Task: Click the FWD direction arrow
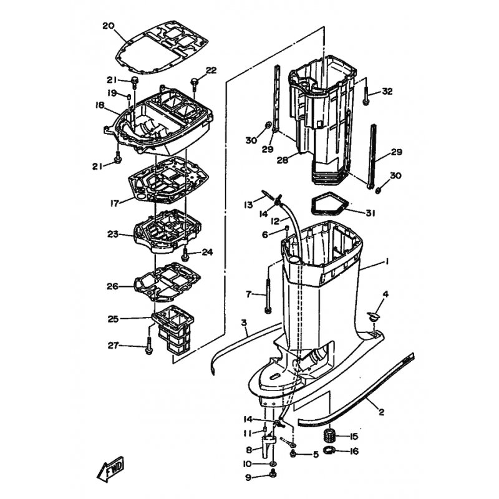110,470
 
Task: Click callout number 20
109,26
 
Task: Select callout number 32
387,92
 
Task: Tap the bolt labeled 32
366,92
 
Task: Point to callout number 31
370,213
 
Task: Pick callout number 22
211,70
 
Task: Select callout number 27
114,346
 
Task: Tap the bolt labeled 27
148,345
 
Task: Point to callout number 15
354,436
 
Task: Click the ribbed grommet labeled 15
329,435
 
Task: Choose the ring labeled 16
329,450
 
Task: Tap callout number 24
208,253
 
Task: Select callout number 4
385,294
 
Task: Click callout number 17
115,203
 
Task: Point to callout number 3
244,323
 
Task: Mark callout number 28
283,160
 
